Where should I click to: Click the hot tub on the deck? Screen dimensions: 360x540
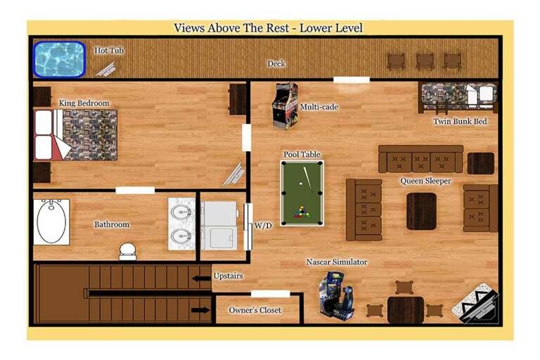(x=59, y=59)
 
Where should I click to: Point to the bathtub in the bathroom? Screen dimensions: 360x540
(x=51, y=221)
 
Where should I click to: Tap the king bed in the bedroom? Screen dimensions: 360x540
(x=75, y=134)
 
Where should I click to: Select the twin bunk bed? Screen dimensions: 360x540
(x=458, y=96)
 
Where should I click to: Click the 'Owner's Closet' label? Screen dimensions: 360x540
(x=255, y=310)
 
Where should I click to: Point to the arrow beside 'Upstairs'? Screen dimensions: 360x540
(x=202, y=278)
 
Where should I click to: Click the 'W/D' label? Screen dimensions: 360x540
(x=264, y=226)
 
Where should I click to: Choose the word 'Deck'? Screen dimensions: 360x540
(x=276, y=64)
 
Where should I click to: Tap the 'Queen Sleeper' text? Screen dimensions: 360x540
(x=426, y=181)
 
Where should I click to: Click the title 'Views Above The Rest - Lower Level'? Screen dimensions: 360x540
(x=268, y=28)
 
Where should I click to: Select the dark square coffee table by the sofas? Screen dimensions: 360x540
(x=421, y=211)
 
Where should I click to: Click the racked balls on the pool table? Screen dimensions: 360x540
(x=302, y=210)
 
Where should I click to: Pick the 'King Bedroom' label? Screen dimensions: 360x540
(x=84, y=103)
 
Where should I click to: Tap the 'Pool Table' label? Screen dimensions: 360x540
(x=302, y=154)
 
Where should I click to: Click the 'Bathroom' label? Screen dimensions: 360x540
(x=112, y=224)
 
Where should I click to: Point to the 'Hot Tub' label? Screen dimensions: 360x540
(x=110, y=51)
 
